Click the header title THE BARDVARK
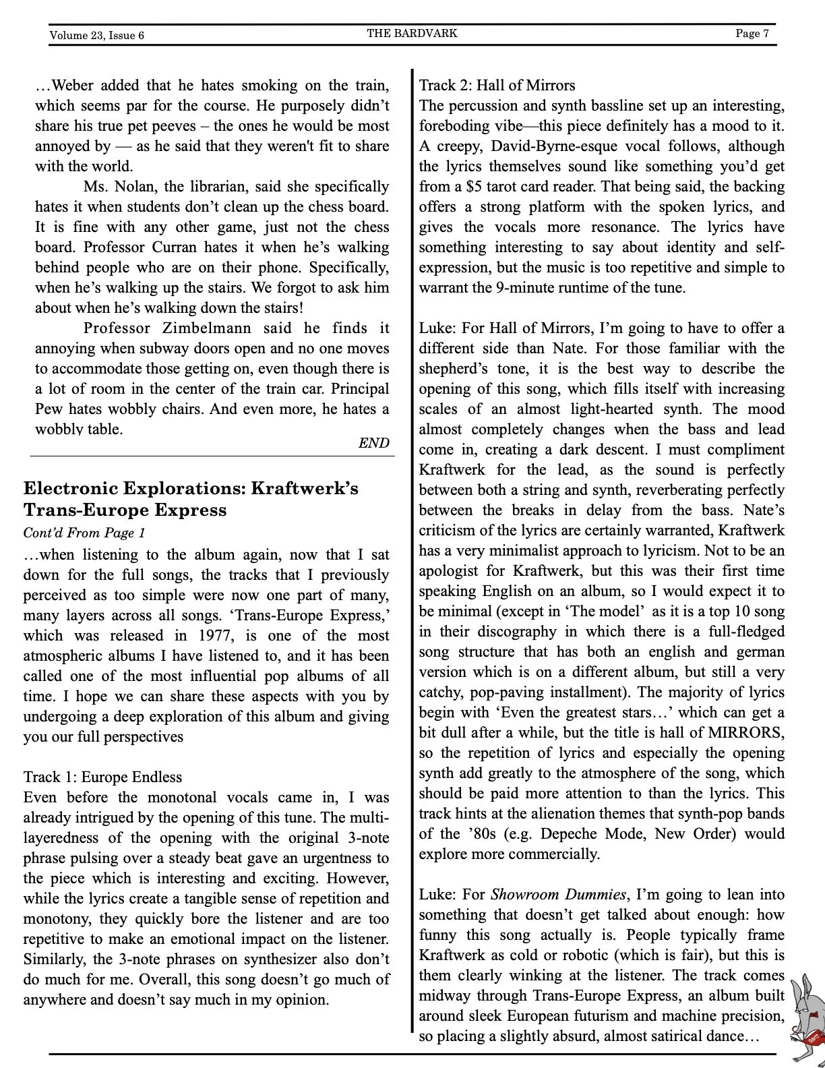412,33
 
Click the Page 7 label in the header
752,33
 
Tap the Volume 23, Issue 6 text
96,35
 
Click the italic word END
373,443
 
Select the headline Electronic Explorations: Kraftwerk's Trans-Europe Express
191,498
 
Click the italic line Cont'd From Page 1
84,533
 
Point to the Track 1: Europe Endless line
102,777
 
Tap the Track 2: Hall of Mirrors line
497,85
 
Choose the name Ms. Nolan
111,186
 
